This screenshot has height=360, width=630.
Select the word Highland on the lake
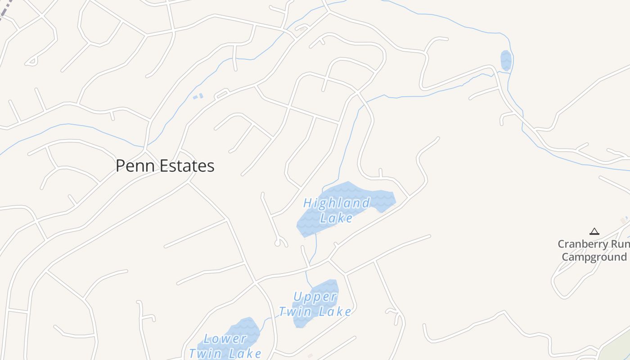[x=337, y=203]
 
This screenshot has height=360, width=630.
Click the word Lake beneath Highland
[x=337, y=218]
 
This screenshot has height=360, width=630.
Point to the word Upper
[x=315, y=297]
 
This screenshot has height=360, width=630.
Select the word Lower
[x=225, y=339]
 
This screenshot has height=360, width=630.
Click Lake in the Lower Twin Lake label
[x=245, y=353]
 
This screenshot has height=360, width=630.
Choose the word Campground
[x=594, y=257]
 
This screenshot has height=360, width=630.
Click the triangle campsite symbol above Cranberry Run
[x=594, y=232]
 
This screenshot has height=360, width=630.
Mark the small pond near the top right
[x=506, y=60]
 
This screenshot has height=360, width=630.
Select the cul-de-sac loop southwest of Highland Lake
[x=278, y=243]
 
